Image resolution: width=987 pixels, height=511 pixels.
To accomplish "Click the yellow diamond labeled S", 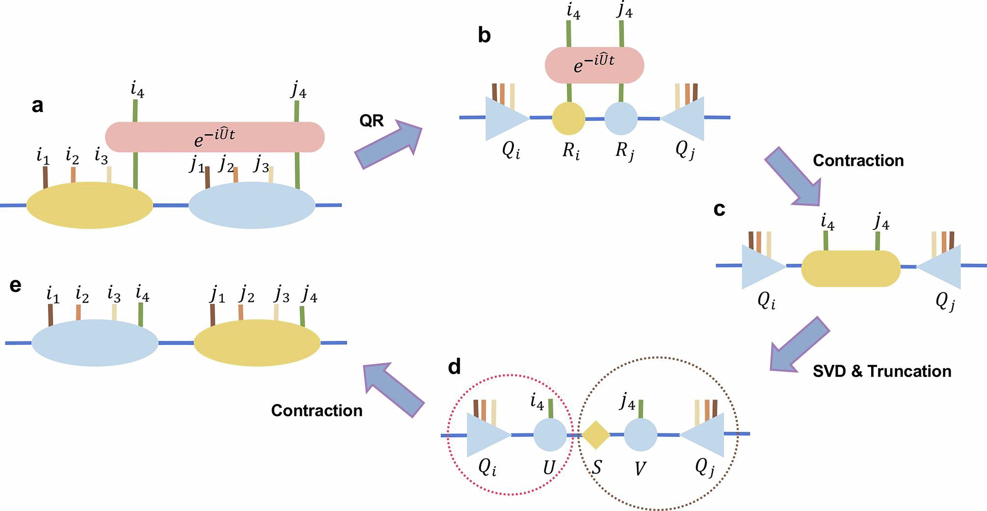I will pyautogui.click(x=596, y=435).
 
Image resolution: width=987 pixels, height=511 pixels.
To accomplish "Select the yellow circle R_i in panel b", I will pyautogui.click(x=569, y=118).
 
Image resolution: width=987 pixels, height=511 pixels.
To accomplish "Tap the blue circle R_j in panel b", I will pyautogui.click(x=621, y=118).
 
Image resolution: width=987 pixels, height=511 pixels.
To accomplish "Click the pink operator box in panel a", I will pyautogui.click(x=215, y=137).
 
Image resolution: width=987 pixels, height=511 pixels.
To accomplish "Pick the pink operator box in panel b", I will pyautogui.click(x=594, y=65).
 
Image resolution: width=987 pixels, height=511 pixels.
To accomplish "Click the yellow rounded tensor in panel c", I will pyautogui.click(x=851, y=268).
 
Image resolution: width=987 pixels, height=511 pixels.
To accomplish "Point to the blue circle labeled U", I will pyautogui.click(x=550, y=435).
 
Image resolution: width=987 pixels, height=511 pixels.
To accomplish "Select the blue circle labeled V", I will pyautogui.click(x=640, y=435).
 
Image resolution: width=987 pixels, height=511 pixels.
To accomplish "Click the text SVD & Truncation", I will pyautogui.click(x=881, y=371).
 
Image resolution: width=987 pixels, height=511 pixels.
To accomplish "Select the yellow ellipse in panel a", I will pyautogui.click(x=90, y=205).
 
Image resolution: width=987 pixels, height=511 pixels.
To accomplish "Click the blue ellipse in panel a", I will pyautogui.click(x=252, y=205).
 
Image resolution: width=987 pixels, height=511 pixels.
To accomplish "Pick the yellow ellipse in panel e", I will pyautogui.click(x=257, y=342).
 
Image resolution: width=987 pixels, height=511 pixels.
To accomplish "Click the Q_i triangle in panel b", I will pyautogui.click(x=504, y=118).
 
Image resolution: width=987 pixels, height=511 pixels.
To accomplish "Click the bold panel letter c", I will pyautogui.click(x=719, y=209).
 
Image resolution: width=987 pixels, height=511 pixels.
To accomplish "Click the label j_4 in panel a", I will pyautogui.click(x=298, y=90).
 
